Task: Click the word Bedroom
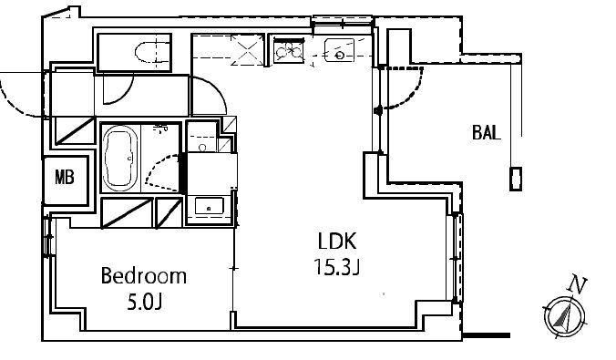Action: click(143, 276)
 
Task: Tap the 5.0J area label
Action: click(145, 303)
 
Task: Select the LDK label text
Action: click(337, 242)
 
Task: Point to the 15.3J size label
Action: click(337, 267)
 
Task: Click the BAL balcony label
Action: click(487, 132)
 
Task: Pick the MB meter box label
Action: click(65, 177)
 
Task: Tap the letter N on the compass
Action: click(578, 284)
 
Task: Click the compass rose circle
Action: click(564, 316)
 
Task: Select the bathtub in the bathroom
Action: click(119, 158)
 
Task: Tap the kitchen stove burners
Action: click(289, 51)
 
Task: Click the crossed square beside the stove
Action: click(248, 50)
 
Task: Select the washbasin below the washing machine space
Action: click(210, 206)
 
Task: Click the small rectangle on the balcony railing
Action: click(516, 179)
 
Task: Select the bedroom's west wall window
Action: click(48, 236)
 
